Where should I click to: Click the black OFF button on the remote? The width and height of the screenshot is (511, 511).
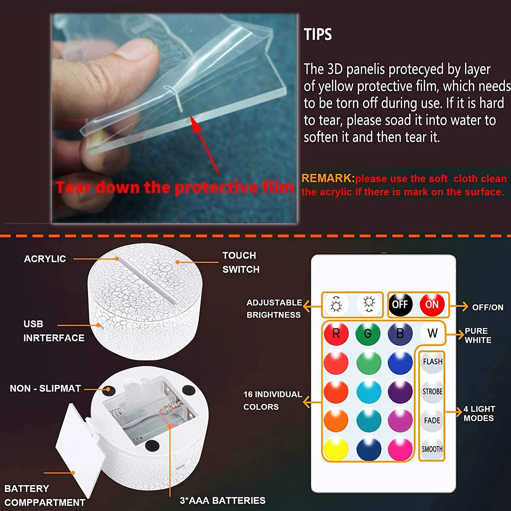(x=400, y=304)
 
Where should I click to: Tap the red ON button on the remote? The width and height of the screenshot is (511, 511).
(x=432, y=304)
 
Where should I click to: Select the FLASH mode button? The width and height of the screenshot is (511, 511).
(x=432, y=362)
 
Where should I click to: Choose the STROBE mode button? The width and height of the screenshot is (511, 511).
(x=432, y=392)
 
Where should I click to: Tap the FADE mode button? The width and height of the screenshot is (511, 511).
(x=432, y=421)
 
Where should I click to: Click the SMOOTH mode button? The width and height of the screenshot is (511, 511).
(x=432, y=449)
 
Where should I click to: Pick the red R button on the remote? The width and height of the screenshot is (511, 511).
(x=336, y=334)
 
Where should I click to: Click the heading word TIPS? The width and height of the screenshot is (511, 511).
(x=318, y=35)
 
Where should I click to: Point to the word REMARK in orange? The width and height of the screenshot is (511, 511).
(x=327, y=178)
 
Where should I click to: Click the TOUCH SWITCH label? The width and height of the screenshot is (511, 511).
(x=241, y=262)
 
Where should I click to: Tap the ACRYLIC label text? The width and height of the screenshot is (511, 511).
(x=45, y=259)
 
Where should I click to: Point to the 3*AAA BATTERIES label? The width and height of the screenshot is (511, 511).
(x=222, y=500)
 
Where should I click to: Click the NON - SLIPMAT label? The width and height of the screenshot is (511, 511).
(x=45, y=388)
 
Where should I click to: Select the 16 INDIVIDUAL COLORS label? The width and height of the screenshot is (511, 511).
(x=272, y=400)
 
